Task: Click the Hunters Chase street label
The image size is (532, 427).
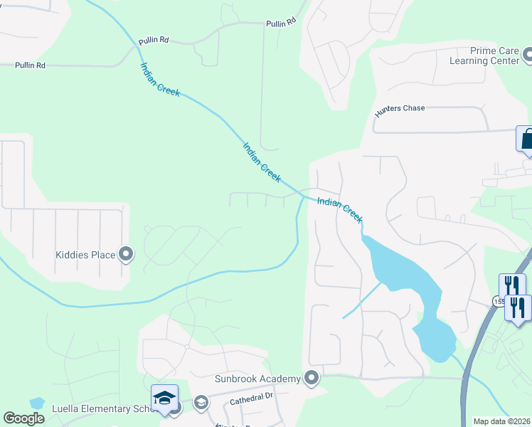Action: click(x=400, y=108)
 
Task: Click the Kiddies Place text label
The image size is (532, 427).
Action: click(x=85, y=254)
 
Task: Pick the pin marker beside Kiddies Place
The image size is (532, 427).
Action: click(x=127, y=254)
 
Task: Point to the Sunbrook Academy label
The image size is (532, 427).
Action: click(x=257, y=379)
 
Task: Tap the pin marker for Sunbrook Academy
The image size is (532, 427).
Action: click(x=310, y=378)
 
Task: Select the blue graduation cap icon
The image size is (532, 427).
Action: click(x=164, y=398)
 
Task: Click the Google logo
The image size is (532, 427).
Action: click(x=23, y=418)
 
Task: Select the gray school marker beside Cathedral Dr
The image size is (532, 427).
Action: click(x=201, y=404)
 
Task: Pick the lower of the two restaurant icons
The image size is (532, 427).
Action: click(x=518, y=309)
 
